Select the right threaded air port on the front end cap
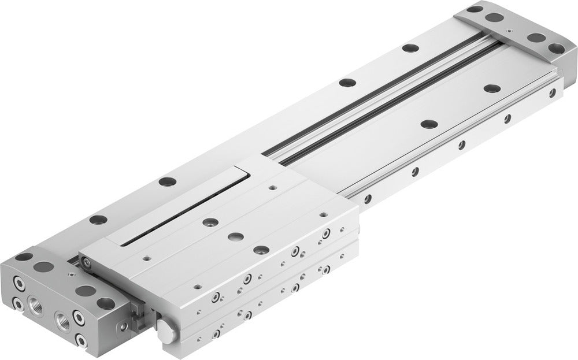tap(63, 318)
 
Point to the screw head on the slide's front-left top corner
tap(86, 262)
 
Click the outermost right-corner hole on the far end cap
tap(556, 48)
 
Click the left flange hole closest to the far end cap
tap(410, 48)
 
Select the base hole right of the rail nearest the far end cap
tap(492, 88)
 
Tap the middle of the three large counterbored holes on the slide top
tap(236, 236)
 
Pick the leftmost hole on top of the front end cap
tap(24, 256)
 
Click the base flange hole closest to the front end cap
tap(98, 220)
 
